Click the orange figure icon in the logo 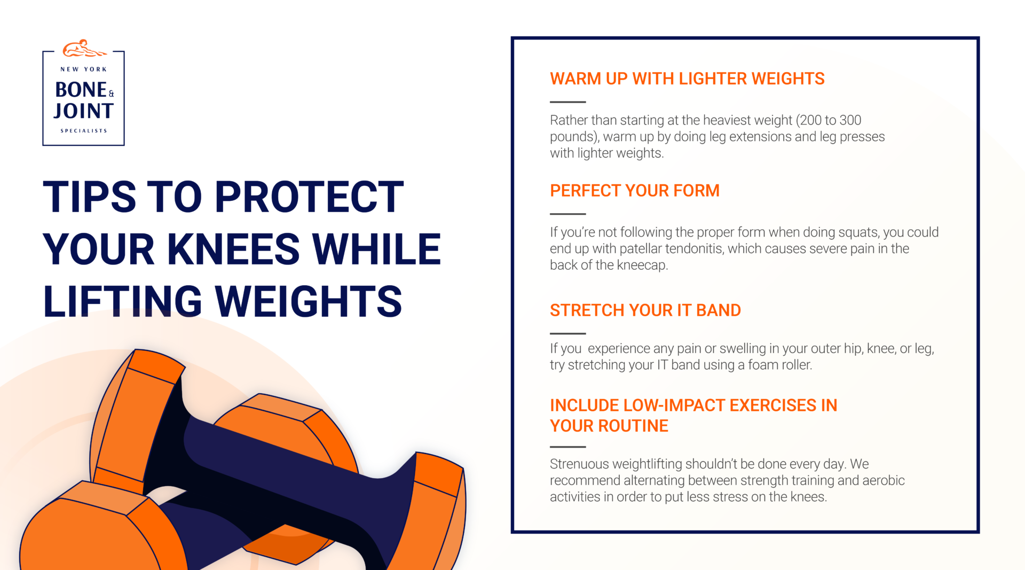tap(84, 49)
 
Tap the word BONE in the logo tap(81, 90)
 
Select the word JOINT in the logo tap(84, 111)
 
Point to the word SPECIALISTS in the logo tap(84, 131)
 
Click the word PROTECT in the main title tap(309, 197)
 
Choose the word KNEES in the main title tap(234, 249)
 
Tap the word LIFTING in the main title tap(122, 301)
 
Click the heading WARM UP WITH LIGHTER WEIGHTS tap(687, 79)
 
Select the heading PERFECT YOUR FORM tap(635, 191)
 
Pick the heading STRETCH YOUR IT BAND tap(645, 310)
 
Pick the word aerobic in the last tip tap(883, 481)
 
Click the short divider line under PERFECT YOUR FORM tap(567, 214)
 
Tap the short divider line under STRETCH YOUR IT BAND tap(567, 333)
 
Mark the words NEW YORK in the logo tap(84, 69)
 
